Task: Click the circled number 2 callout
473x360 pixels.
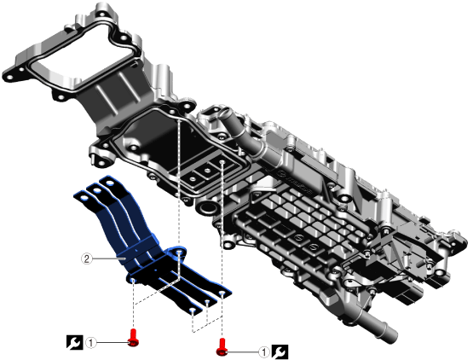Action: tap(87, 258)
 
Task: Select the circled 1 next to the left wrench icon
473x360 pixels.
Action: tap(91, 342)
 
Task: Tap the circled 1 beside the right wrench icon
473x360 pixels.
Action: tap(264, 352)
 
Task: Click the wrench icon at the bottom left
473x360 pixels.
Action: tap(74, 342)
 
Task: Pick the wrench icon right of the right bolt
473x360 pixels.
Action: tap(280, 352)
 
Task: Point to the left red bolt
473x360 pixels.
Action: tap(133, 339)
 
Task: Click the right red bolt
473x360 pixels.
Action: tap(222, 347)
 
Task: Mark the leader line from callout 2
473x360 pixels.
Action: tap(108, 258)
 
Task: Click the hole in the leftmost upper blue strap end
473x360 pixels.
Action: tap(84, 198)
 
